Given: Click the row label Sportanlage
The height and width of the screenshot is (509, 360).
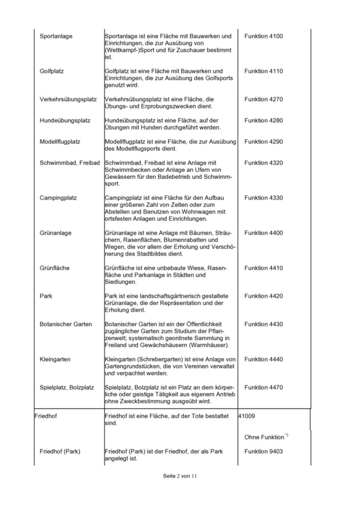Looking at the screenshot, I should pyautogui.click(x=56, y=36).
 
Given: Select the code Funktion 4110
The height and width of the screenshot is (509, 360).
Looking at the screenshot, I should pyautogui.click(x=263, y=71).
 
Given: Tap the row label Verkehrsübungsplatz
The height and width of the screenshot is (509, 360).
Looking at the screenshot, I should pyautogui.click(x=68, y=99).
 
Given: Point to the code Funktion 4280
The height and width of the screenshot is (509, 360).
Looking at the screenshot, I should pyautogui.click(x=263, y=121).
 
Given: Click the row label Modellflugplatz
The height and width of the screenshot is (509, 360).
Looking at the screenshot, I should pyautogui.click(x=60, y=142).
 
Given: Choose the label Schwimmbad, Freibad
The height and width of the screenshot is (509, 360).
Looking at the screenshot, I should pyautogui.click(x=69, y=163).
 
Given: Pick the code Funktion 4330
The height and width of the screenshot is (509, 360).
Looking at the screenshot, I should pyautogui.click(x=263, y=198).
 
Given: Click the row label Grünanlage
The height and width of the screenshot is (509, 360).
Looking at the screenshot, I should pyautogui.click(x=55, y=233).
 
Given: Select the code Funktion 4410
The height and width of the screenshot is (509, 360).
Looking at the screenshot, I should pyautogui.click(x=263, y=268).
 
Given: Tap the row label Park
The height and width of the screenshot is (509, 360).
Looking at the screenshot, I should pyautogui.click(x=46, y=296).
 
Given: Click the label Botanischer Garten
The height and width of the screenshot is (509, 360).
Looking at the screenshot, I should pyautogui.click(x=66, y=324).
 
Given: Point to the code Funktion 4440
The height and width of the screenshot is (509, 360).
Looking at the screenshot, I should pyautogui.click(x=263, y=359).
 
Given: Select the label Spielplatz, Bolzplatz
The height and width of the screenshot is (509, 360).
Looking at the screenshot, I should pyautogui.click(x=67, y=388).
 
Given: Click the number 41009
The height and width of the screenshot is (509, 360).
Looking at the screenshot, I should pyautogui.click(x=247, y=416).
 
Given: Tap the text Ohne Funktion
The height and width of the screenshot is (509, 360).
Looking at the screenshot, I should pyautogui.click(x=265, y=437).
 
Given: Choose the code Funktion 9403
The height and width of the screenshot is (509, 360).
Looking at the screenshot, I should pyautogui.click(x=263, y=451).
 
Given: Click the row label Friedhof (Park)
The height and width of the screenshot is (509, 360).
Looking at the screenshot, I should pyautogui.click(x=60, y=451).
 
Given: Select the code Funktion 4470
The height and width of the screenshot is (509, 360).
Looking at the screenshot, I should pyautogui.click(x=263, y=388).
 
